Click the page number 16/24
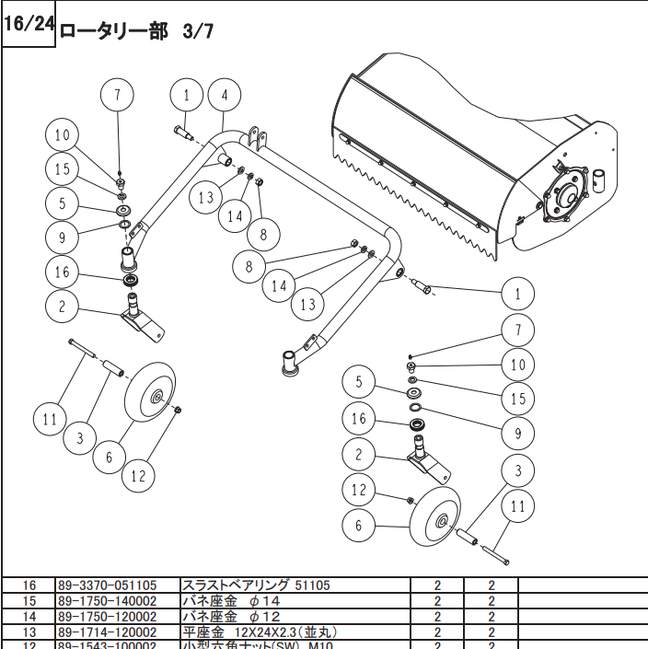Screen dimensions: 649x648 click(29, 24)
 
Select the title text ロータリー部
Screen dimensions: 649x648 click(113, 29)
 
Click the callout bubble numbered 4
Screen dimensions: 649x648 click(224, 94)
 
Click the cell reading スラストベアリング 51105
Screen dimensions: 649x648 click(256, 585)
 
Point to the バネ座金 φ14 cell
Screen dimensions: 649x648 click(230, 601)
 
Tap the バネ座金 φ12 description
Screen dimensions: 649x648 click(230, 617)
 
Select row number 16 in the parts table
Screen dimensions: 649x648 click(29, 585)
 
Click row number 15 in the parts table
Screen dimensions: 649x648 click(29, 601)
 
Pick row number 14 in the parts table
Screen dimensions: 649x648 click(29, 617)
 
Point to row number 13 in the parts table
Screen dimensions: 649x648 click(29, 632)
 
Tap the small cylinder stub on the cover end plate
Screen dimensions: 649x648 click(600, 179)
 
